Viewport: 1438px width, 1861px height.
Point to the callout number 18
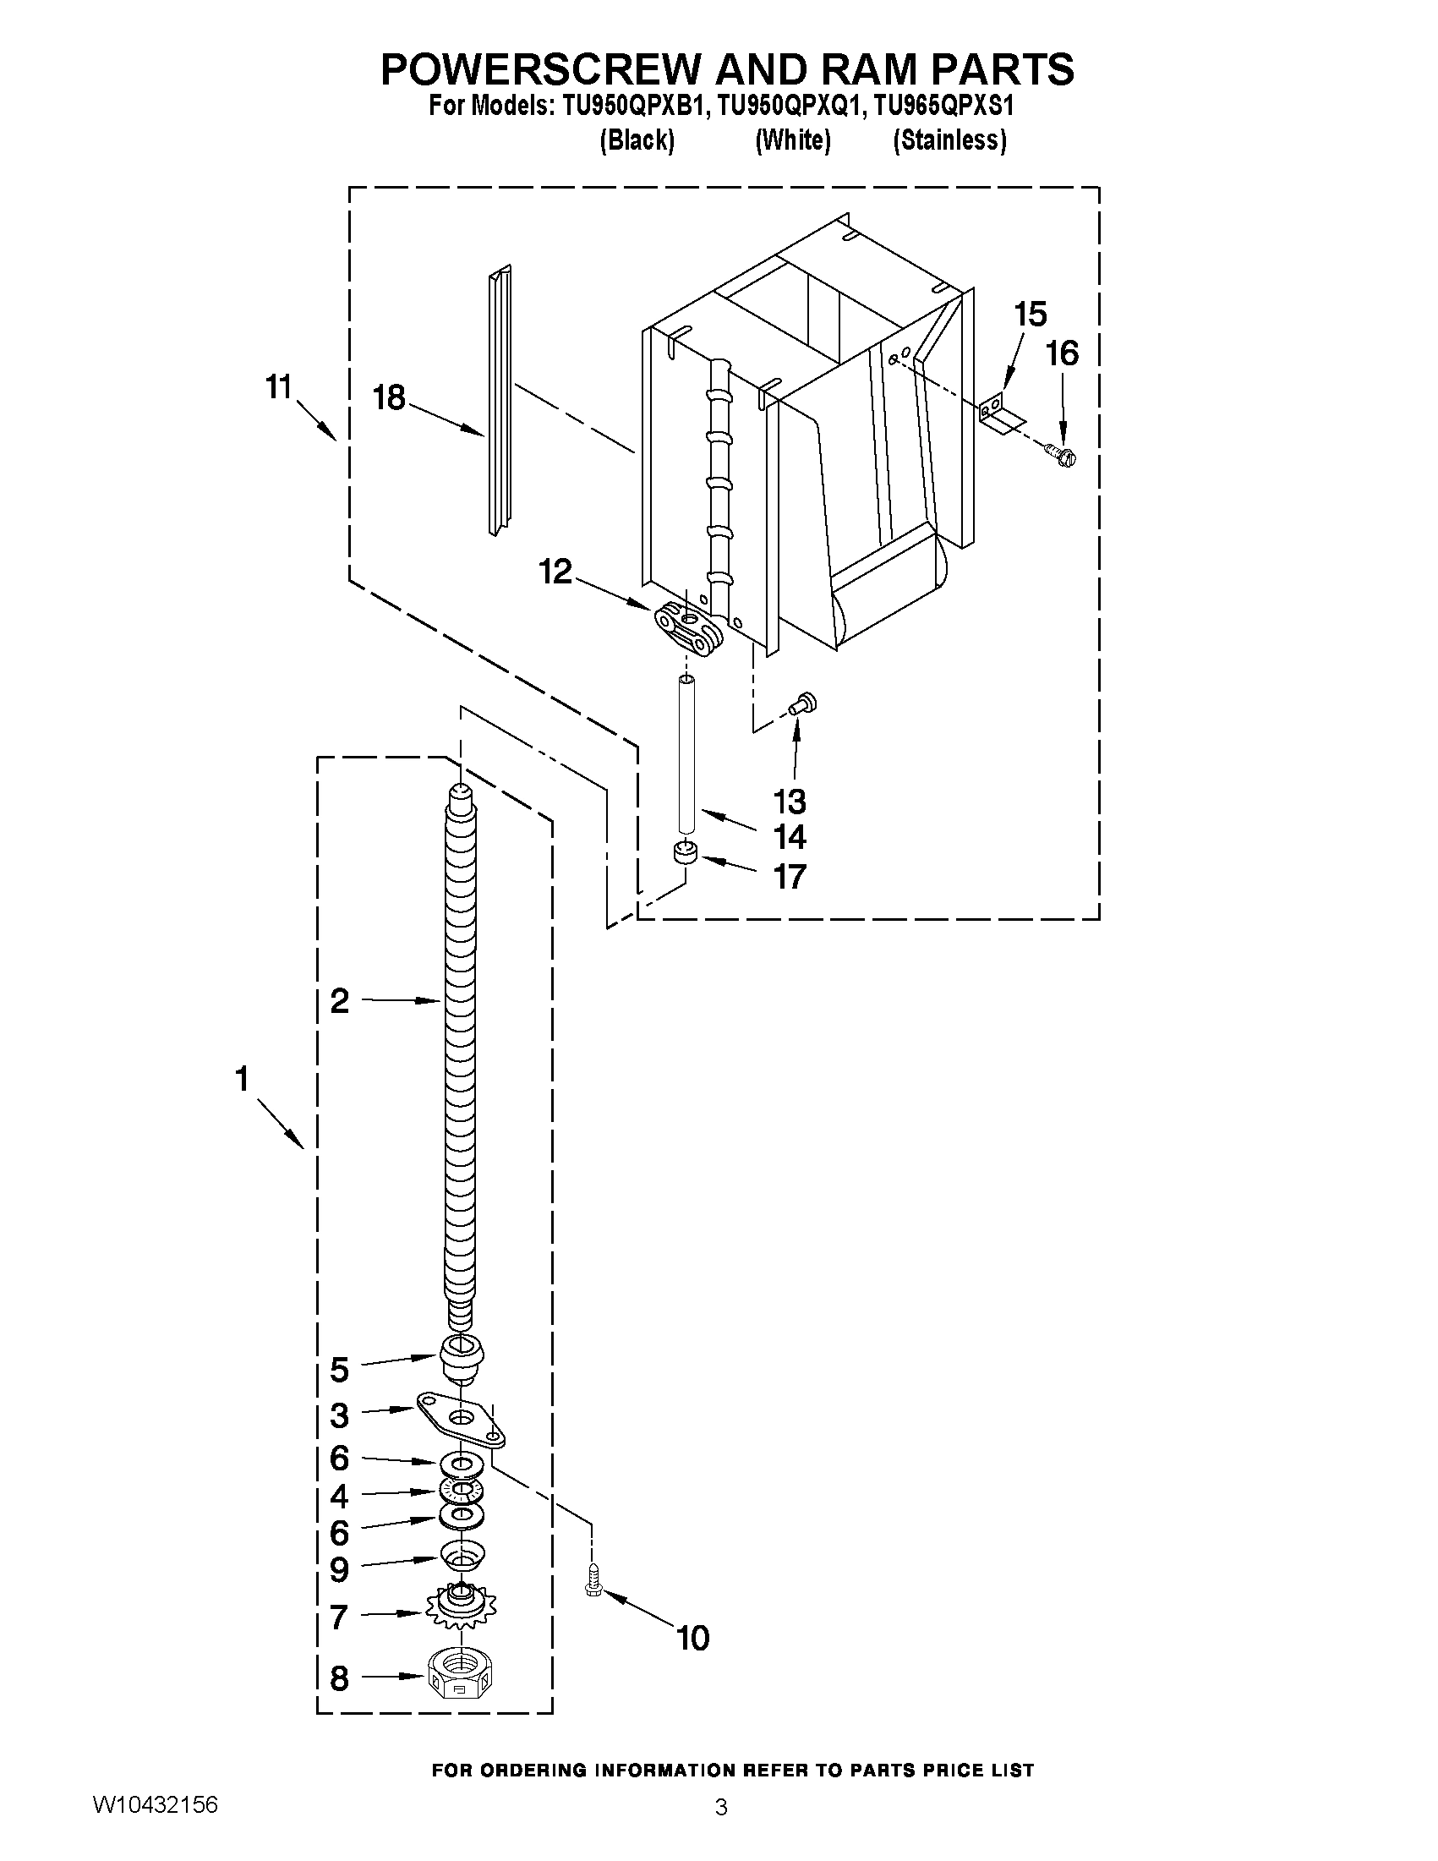point(390,398)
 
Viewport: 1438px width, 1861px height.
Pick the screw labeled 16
point(1060,456)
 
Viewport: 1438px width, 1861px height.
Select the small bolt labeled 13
point(801,703)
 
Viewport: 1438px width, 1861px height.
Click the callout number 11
point(279,388)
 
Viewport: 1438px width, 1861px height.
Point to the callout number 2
point(340,1001)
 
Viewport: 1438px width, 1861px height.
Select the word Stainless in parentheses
point(949,140)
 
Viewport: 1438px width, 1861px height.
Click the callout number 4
point(339,1496)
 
